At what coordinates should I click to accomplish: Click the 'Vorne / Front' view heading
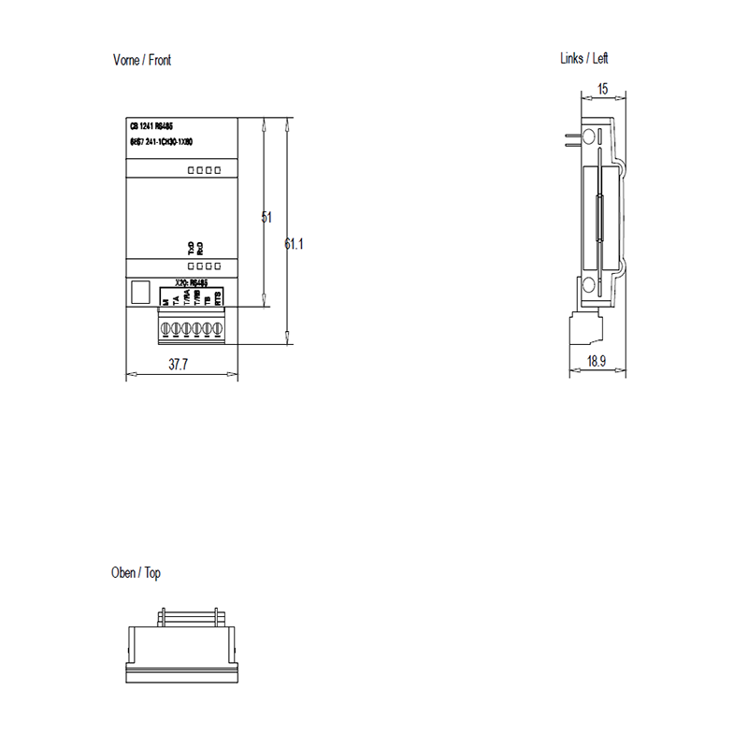tap(142, 61)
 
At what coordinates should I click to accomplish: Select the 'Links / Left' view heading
tap(584, 58)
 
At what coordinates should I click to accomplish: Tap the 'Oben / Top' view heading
tap(136, 573)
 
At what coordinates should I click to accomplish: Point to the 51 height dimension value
tap(266, 217)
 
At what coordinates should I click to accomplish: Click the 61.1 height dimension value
tap(295, 244)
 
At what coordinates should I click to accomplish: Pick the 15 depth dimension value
tap(603, 89)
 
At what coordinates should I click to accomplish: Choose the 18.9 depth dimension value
tap(595, 362)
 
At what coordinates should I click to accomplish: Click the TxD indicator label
tap(192, 248)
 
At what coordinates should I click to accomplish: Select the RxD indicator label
tap(201, 248)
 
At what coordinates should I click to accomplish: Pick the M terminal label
tap(165, 303)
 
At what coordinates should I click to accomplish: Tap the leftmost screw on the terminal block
tap(166, 328)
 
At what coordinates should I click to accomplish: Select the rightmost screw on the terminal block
tap(219, 328)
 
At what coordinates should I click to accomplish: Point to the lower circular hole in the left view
tap(588, 286)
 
